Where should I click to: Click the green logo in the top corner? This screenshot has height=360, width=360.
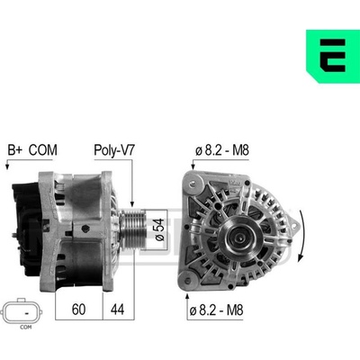333,56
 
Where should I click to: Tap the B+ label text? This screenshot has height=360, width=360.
15,150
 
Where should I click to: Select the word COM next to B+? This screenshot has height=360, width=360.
43,150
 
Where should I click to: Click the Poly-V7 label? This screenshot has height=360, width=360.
114,150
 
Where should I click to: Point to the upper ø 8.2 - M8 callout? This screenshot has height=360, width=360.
222,150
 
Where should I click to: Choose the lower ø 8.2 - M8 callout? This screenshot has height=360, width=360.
216,310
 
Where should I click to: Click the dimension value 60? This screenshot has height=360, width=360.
78,310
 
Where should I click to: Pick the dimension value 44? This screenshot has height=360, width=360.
117,310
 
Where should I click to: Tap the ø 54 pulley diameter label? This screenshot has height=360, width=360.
160,229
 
